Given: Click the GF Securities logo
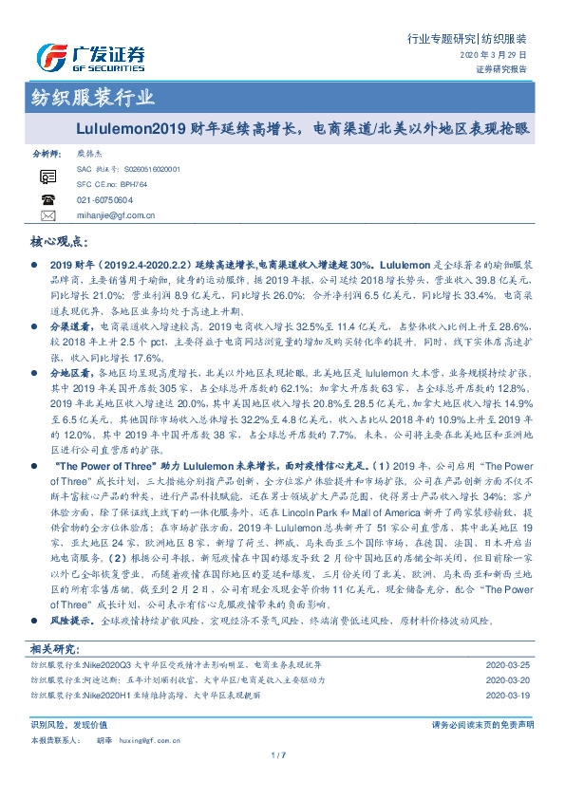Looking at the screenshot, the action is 90,58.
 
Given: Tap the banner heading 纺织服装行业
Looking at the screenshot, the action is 86,98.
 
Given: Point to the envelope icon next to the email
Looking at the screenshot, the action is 47,215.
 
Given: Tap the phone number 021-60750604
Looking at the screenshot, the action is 104,200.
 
